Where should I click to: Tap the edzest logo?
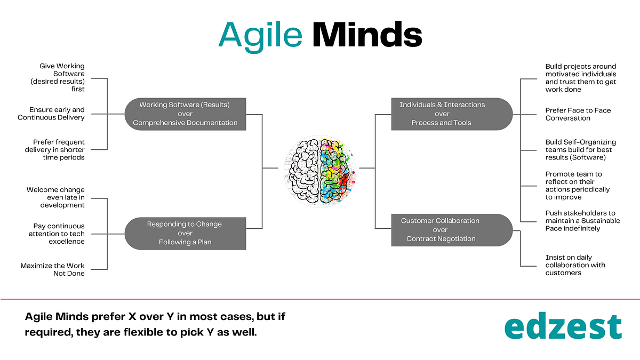(x=563, y=327)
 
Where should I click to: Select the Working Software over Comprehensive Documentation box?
(x=185, y=114)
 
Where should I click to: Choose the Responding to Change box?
(x=185, y=233)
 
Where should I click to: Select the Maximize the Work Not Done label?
(x=53, y=269)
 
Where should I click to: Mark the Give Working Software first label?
(x=62, y=78)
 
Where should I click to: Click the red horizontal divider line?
(x=320, y=299)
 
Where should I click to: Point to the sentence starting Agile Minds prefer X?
(x=156, y=324)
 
